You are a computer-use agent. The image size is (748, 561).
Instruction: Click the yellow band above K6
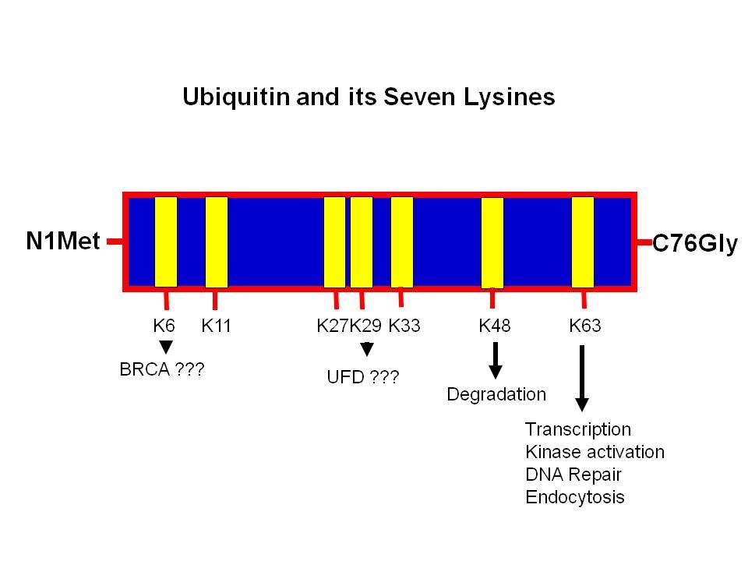(x=166, y=242)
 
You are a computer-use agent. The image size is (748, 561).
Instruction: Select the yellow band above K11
(x=217, y=242)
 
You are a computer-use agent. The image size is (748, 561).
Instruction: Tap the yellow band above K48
(x=492, y=243)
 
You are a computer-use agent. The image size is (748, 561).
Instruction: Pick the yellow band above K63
(x=583, y=242)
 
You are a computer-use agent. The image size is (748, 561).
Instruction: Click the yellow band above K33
(x=402, y=242)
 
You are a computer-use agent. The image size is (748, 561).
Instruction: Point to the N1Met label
(x=63, y=241)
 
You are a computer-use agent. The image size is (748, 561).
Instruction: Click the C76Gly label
(x=694, y=244)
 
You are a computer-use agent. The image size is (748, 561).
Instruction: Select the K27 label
(x=333, y=326)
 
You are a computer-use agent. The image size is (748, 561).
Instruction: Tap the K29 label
(x=365, y=326)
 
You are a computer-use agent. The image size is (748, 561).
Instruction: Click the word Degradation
(x=496, y=394)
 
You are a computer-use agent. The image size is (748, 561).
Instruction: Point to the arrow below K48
(x=496, y=360)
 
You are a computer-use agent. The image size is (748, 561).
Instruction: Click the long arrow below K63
(x=582, y=379)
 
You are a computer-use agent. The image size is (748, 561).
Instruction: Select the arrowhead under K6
(x=165, y=347)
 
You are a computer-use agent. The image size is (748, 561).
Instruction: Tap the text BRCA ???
(x=162, y=369)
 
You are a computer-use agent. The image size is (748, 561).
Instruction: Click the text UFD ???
(x=363, y=377)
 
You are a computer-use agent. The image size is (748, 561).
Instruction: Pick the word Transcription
(x=578, y=430)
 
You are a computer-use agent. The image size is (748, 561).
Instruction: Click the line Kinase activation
(x=595, y=452)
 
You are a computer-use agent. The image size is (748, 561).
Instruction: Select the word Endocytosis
(x=575, y=498)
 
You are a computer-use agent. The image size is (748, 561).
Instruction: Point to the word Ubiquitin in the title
(x=236, y=97)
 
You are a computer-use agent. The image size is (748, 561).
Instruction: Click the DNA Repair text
(x=573, y=475)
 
